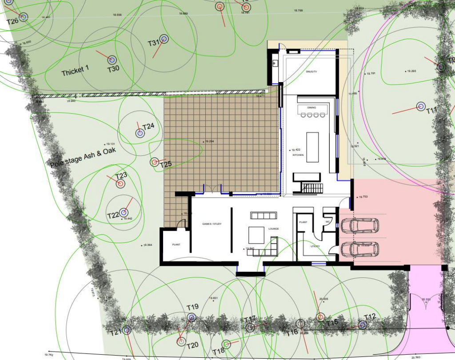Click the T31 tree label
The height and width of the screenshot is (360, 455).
point(153,43)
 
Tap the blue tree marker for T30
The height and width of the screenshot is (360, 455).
point(112,59)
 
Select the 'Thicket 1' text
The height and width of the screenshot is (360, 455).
point(76,70)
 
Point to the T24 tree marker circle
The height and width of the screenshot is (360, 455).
point(140,133)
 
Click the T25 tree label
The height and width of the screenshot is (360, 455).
point(166,165)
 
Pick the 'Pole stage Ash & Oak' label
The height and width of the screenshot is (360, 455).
point(83,157)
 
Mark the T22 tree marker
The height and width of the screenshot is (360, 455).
point(124,213)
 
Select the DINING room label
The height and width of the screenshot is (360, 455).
point(311,108)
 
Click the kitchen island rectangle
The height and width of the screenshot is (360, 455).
point(313,147)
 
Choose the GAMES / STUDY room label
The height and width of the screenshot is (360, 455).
point(212,224)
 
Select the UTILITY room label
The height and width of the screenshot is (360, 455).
point(315,245)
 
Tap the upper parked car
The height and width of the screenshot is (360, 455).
point(359,225)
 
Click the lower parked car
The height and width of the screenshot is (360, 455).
point(359,250)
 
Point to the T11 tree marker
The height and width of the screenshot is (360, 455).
point(420,107)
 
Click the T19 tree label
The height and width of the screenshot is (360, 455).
point(192,307)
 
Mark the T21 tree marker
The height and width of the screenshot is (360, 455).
point(127,330)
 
